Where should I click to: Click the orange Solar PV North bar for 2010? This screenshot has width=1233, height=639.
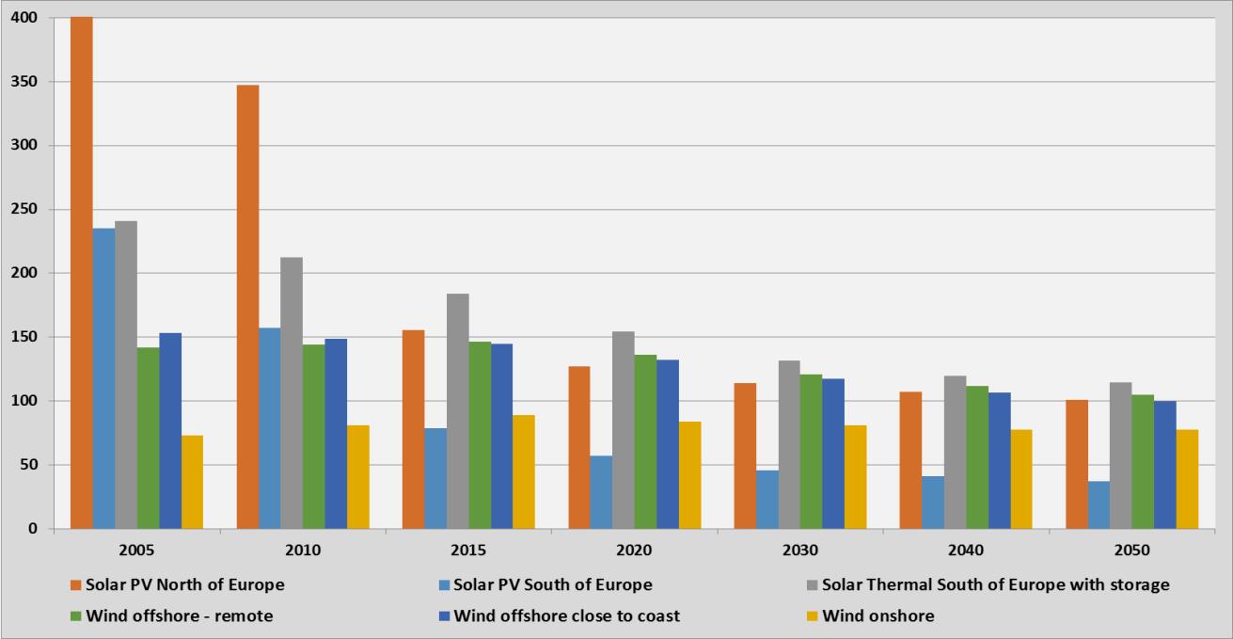[247, 307]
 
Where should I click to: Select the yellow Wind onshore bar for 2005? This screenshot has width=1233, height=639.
[192, 482]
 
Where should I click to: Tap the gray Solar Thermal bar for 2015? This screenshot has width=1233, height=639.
[457, 411]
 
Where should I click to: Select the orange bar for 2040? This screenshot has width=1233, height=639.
[910, 460]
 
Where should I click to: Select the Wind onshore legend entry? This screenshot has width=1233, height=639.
[877, 616]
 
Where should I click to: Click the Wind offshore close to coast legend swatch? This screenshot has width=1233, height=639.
[445, 616]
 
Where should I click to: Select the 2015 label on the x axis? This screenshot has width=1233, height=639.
[468, 549]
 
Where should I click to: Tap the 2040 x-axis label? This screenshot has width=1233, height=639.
[966, 549]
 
